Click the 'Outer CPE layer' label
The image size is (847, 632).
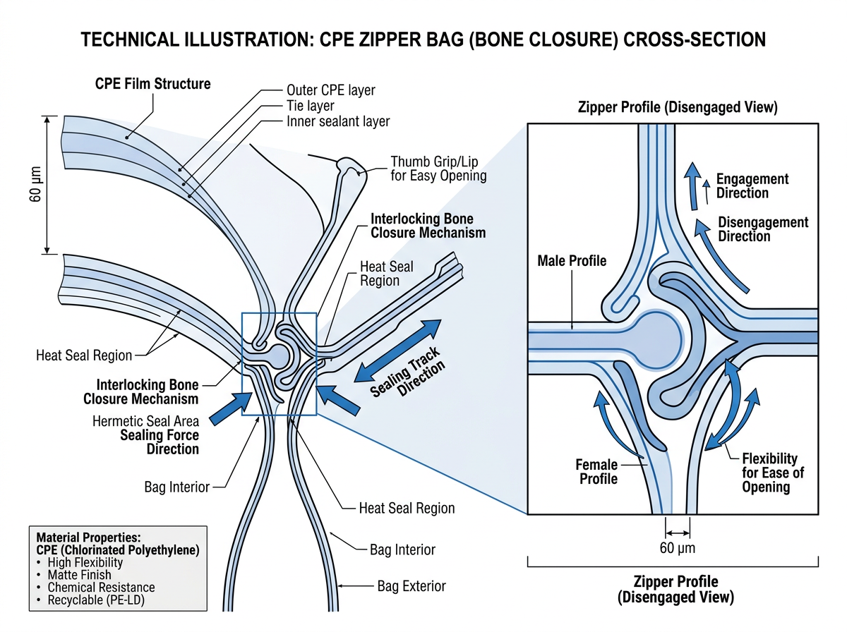(330, 90)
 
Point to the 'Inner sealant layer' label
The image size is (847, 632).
(338, 121)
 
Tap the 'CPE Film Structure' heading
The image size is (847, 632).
(153, 84)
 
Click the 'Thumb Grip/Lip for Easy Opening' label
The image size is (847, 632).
(438, 168)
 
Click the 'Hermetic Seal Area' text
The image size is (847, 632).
(145, 421)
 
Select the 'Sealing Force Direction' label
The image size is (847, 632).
(160, 442)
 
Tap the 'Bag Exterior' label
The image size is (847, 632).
(412, 586)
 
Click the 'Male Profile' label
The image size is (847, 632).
(572, 261)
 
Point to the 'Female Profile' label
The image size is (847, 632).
(596, 472)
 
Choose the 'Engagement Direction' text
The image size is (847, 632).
(752, 186)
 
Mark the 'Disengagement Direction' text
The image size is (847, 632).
(763, 229)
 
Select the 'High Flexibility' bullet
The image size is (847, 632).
(85, 562)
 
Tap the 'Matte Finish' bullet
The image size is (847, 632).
(77, 575)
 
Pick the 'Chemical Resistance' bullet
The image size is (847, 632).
(101, 587)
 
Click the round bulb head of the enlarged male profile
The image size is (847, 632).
(656, 336)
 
